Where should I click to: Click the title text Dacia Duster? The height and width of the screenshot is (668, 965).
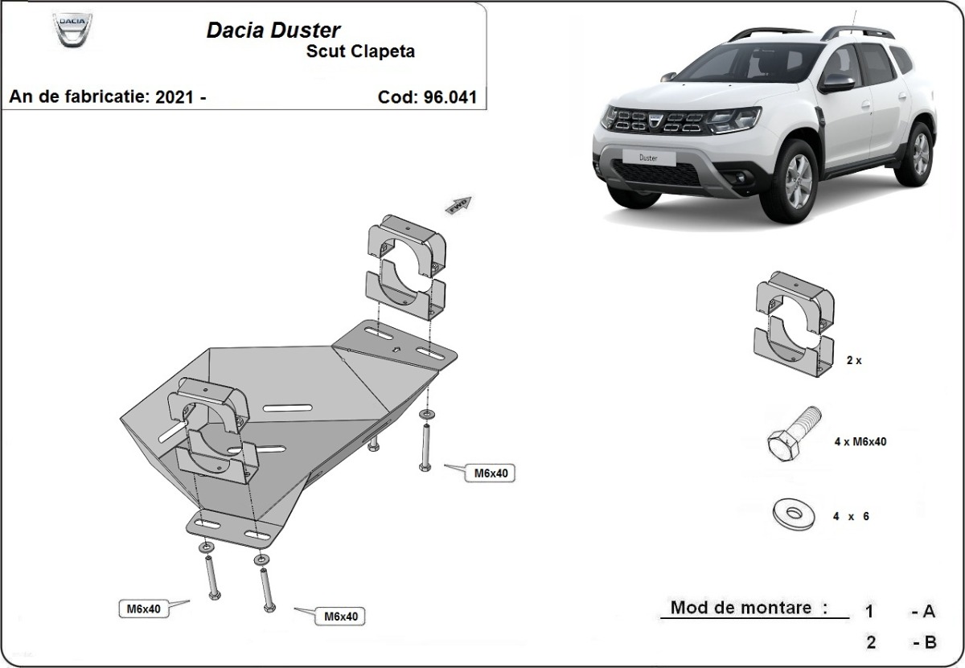click(x=273, y=31)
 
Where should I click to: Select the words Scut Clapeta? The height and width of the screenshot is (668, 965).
click(x=360, y=52)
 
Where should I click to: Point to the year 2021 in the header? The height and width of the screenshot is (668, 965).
click(x=175, y=97)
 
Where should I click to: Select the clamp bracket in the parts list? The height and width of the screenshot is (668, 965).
click(x=792, y=325)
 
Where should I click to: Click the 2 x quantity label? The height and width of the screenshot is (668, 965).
click(x=853, y=361)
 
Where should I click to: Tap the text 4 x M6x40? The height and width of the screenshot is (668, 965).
click(x=860, y=441)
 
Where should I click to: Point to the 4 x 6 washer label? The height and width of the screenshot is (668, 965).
click(x=851, y=517)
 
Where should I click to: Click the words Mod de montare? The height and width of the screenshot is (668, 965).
click(x=749, y=608)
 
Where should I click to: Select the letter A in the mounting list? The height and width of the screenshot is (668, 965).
click(x=929, y=612)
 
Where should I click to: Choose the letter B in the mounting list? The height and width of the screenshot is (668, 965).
click(x=929, y=642)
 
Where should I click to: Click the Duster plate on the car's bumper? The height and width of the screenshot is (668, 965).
click(x=648, y=158)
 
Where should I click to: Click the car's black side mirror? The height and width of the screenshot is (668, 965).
click(x=836, y=83)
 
